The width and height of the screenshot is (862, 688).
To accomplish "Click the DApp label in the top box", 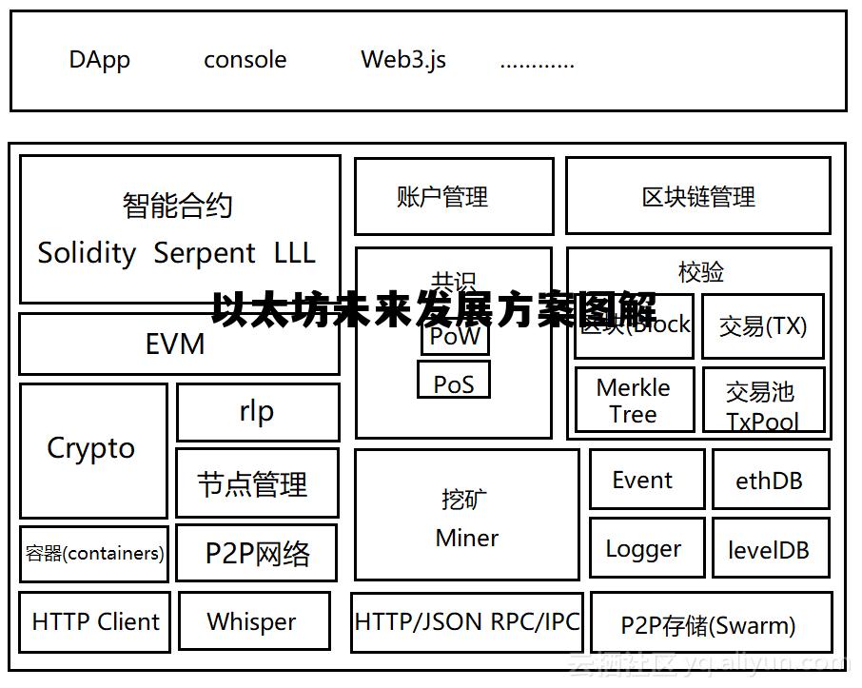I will (x=99, y=60).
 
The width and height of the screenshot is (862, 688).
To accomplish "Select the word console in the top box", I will (x=245, y=60).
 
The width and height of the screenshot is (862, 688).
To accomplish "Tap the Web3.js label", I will (x=403, y=60).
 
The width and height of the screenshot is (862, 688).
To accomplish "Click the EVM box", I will (x=178, y=344).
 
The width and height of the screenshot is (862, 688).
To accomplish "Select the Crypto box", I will (x=92, y=450).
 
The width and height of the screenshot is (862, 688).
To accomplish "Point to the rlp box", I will (x=257, y=412).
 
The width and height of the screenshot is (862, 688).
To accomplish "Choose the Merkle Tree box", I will (x=634, y=401).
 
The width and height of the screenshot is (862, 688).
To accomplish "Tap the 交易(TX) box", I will (x=762, y=326).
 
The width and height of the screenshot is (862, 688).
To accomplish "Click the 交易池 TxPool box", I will (x=762, y=403).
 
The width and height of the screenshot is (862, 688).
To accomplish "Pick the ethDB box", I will (x=770, y=481).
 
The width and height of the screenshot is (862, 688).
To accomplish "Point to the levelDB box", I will (x=770, y=549).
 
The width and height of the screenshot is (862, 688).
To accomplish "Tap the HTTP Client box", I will (x=95, y=622).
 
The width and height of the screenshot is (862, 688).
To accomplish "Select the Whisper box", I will (x=253, y=622).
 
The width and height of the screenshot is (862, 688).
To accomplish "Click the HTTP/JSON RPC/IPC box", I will (x=466, y=622).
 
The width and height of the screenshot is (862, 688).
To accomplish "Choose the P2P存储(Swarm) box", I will (x=710, y=624).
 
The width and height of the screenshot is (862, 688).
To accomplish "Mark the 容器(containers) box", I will (x=94, y=554).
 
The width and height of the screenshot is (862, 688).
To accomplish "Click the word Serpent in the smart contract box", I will (x=204, y=254).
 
